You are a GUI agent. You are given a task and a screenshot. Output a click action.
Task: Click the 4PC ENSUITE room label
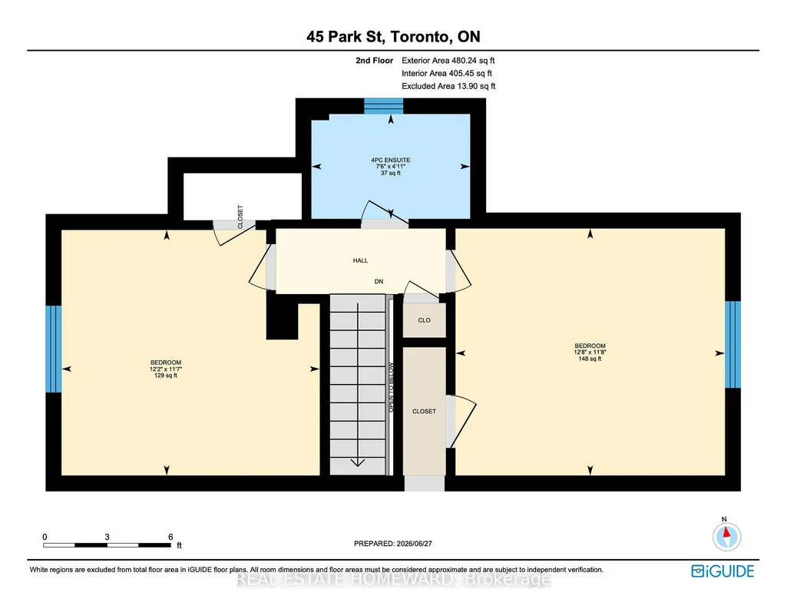point(391,161)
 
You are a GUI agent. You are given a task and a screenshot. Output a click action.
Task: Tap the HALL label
point(360,260)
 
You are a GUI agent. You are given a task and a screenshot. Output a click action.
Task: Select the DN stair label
point(379,282)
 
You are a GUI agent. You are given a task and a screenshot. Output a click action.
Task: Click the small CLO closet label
point(424,320)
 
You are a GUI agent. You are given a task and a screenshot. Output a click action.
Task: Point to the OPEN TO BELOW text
point(392,388)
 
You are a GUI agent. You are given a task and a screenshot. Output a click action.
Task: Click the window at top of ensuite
point(384,106)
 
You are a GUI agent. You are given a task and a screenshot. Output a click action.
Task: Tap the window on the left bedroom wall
point(53,349)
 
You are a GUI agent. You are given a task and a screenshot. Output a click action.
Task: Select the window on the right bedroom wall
point(732,344)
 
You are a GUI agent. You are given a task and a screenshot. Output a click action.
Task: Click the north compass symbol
point(726,536)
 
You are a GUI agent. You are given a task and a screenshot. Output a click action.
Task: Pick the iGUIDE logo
point(723,571)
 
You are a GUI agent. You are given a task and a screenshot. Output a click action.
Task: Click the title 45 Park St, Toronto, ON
point(393,37)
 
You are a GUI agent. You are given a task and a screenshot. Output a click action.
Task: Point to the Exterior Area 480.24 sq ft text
point(448,60)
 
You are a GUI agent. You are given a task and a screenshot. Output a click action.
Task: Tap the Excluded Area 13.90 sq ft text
point(448,86)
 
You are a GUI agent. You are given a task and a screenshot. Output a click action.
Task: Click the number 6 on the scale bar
point(170,537)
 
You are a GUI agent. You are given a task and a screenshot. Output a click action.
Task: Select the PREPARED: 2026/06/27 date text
point(393,544)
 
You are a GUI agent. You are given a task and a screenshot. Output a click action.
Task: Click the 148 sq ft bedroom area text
point(590,359)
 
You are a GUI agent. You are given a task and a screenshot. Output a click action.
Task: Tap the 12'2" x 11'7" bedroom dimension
point(166,369)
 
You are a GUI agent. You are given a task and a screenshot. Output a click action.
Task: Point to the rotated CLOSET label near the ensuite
point(240,217)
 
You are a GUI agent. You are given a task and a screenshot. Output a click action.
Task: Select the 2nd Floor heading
point(375,60)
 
